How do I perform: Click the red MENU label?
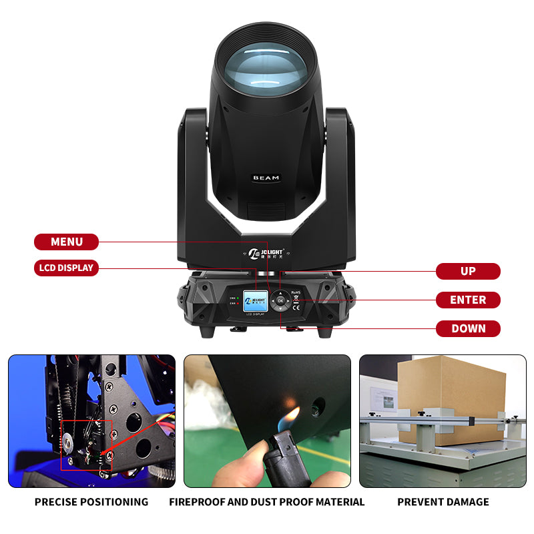coord(66,242)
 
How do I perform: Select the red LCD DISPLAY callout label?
coord(66,268)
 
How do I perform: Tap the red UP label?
coord(468,271)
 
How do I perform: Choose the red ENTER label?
coord(468,300)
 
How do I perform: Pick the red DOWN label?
coord(468,328)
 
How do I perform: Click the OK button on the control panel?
coord(280,300)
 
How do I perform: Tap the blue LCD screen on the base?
coord(254,300)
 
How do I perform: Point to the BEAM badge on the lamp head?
coord(266,178)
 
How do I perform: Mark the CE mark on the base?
coord(296,306)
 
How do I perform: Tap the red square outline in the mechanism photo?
coord(86,445)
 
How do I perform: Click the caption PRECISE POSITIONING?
coord(91,502)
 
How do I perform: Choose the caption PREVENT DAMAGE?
coord(443,502)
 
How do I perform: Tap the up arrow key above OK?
coord(280,292)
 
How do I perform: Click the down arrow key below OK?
coord(280,309)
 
